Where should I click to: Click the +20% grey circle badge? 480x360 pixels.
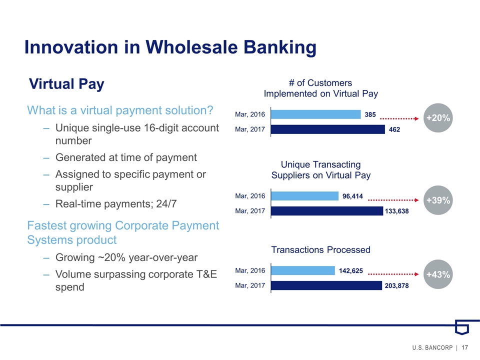pos(438,118)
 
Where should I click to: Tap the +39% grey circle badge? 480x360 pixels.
pos(438,200)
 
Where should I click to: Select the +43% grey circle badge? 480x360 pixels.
pos(438,274)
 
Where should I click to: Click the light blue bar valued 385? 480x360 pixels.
pos(316,114)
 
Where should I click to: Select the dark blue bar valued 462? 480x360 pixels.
pos(328,129)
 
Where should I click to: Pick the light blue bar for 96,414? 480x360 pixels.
pos(305,196)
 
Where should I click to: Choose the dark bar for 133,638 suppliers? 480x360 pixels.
pos(327,211)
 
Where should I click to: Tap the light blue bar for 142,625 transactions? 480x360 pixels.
pos(303,270)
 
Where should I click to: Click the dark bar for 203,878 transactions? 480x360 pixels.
pos(326,285)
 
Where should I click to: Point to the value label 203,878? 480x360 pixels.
pos(396,286)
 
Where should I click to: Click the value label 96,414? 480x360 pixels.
pos(352,196)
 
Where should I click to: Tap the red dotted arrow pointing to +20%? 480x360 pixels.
pos(399,118)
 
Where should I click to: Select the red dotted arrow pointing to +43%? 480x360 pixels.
pos(393,274)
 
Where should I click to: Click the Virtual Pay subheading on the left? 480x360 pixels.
pos(66,84)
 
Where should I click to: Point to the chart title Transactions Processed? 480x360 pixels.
pos(321,250)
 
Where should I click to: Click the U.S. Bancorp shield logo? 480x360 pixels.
pos(462,327)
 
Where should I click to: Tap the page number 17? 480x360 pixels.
pos(464,347)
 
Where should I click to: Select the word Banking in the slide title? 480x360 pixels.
pos(280,47)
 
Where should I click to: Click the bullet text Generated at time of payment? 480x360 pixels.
pos(126,157)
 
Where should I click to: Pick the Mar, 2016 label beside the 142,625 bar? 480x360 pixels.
pos(250,270)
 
